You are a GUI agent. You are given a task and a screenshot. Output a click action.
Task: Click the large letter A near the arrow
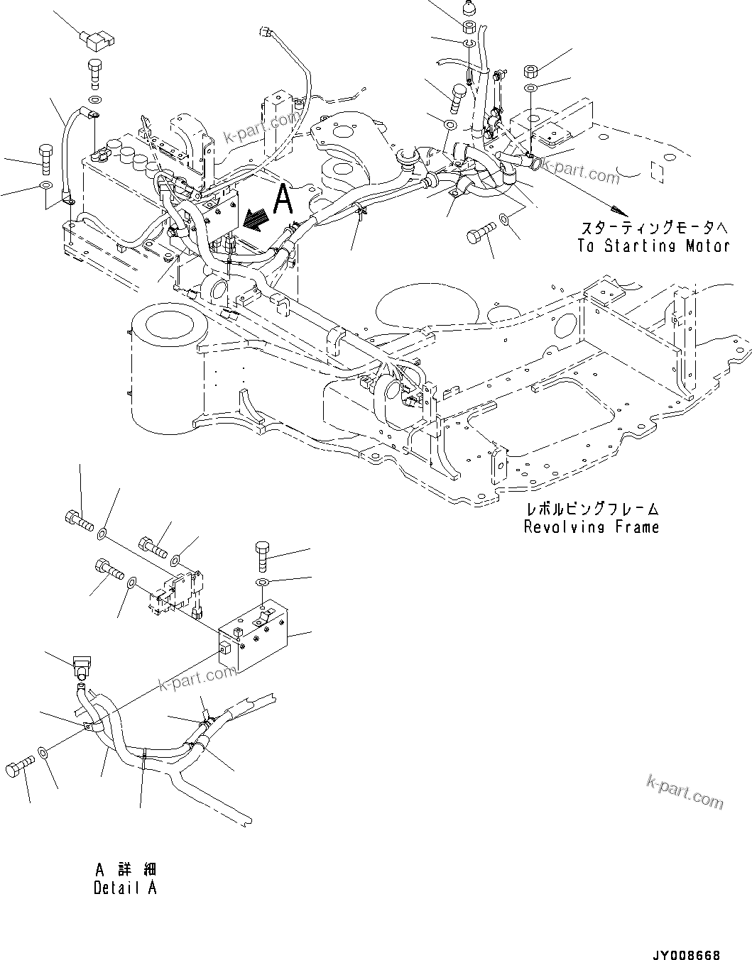pyautogui.click(x=283, y=198)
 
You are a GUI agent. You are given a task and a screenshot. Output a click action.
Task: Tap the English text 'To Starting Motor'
pyautogui.click(x=653, y=246)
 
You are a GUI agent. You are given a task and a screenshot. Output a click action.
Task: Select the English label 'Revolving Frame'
pyautogui.click(x=591, y=526)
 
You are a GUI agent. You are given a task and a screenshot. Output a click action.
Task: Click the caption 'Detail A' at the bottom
pyautogui.click(x=125, y=888)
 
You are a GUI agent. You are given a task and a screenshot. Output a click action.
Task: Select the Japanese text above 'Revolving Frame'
pyautogui.click(x=591, y=509)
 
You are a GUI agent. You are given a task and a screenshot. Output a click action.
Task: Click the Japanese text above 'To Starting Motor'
pyautogui.click(x=653, y=228)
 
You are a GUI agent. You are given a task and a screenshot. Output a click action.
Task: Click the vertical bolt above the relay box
pyautogui.click(x=261, y=555)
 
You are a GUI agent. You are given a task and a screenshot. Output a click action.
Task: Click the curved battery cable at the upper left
pyautogui.click(x=72, y=145)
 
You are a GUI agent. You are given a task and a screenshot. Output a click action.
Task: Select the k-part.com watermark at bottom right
pyautogui.click(x=685, y=792)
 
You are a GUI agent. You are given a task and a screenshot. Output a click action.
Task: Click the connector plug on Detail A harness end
pyautogui.click(x=80, y=668)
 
